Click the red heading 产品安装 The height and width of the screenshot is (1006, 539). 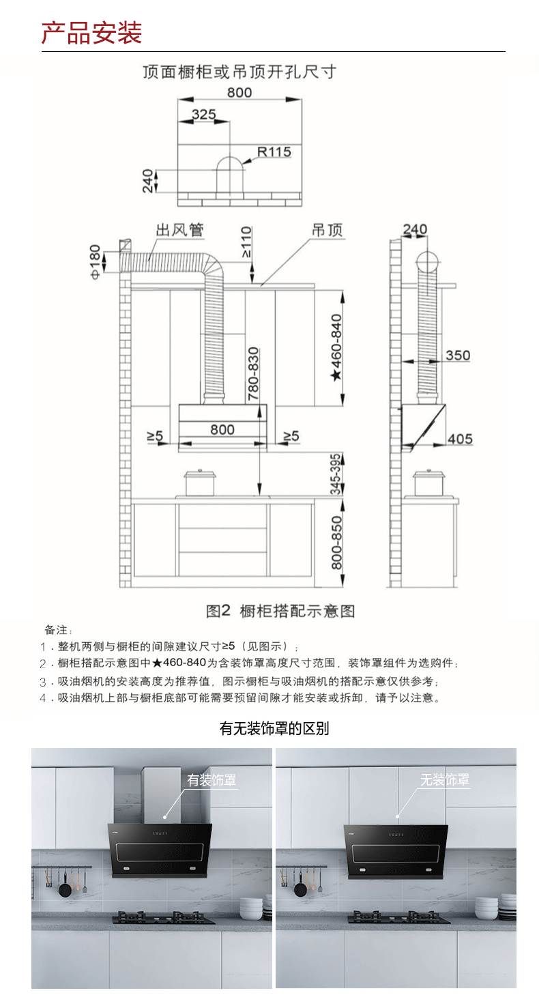(91, 32)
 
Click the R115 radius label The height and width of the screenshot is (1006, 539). (274, 152)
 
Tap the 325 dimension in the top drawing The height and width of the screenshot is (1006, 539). (203, 114)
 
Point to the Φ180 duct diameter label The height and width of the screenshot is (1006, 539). (94, 262)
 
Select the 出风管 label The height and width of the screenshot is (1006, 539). (179, 229)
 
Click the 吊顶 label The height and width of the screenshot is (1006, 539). (327, 229)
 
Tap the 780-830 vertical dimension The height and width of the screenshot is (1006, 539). (253, 373)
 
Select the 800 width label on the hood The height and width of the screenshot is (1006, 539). (222, 429)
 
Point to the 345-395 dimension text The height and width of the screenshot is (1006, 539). (336, 473)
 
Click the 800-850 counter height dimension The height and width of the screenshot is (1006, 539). (336, 543)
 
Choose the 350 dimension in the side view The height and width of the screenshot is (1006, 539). (457, 355)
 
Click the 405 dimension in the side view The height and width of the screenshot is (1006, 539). (459, 438)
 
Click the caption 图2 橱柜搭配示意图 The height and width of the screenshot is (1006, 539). (280, 611)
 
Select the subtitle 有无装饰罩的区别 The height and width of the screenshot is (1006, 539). (274, 729)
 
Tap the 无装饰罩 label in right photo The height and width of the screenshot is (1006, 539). (444, 779)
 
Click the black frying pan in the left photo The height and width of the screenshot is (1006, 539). (65, 889)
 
